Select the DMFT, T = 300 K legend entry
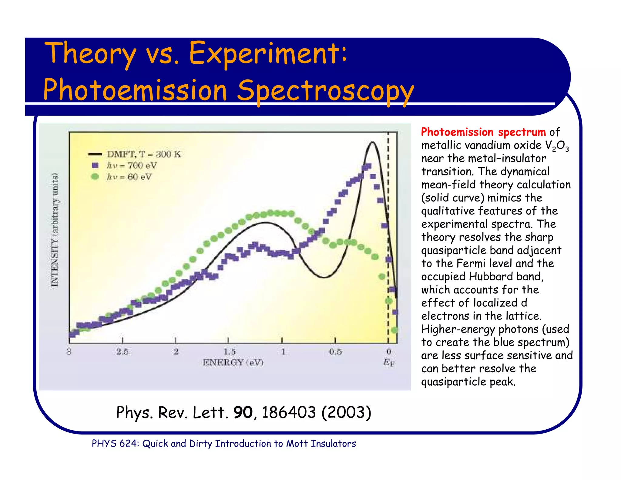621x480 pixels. pyautogui.click(x=144, y=154)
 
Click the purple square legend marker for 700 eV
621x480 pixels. pyautogui.click(x=95, y=165)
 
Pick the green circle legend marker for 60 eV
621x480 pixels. pyautogui.click(x=95, y=177)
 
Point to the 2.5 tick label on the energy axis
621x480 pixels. pyautogui.click(x=122, y=352)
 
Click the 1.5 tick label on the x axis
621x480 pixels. pyautogui.click(x=229, y=352)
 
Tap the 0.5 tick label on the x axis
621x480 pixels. pyautogui.click(x=335, y=352)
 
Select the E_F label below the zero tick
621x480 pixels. pyautogui.click(x=389, y=362)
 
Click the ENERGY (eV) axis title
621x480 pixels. pyautogui.click(x=233, y=362)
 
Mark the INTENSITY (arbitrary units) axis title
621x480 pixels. pyautogui.click(x=55, y=230)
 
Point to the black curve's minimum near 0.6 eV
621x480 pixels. pyautogui.click(x=324, y=277)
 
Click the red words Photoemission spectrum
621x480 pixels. pyautogui.click(x=483, y=132)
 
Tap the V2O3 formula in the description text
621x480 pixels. pyautogui.click(x=557, y=146)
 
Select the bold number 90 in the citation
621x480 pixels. pyautogui.click(x=243, y=412)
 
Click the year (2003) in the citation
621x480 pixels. pyautogui.click(x=346, y=412)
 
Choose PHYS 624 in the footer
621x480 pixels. pyautogui.click(x=115, y=444)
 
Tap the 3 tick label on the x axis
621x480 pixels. pyautogui.click(x=69, y=352)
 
